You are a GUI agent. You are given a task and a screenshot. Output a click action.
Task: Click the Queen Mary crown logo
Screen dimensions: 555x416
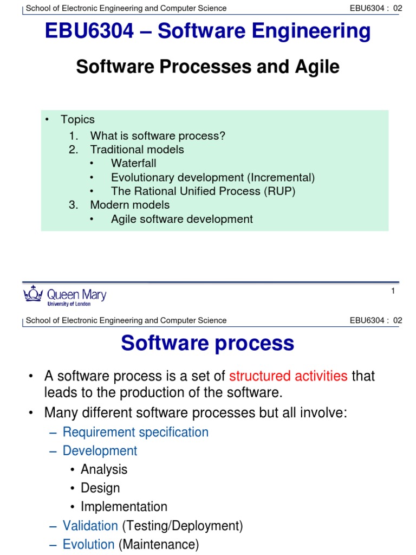coord(33,295)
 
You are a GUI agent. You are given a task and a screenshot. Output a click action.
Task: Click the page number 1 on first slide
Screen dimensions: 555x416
coord(393,292)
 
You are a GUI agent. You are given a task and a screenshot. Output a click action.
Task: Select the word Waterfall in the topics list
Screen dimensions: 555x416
coord(133,163)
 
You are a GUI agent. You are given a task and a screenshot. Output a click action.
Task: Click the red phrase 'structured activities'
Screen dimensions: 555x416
coord(289,376)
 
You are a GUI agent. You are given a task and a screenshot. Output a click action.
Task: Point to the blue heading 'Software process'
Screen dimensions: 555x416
coord(207,343)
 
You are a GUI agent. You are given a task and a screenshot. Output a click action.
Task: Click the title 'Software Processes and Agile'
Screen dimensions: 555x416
coord(207,67)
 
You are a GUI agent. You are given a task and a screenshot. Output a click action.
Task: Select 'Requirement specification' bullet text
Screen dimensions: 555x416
coord(135,432)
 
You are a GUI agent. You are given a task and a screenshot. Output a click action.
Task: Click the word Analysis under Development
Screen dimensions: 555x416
coord(104,469)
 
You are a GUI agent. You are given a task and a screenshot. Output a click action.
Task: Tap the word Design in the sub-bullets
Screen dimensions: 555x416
coord(100,488)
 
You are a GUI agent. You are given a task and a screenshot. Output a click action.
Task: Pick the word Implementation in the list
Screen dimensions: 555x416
coord(124,507)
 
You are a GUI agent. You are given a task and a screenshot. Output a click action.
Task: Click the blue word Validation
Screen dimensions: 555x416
coord(90,526)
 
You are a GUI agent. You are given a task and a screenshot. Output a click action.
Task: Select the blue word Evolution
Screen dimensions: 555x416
coord(89,544)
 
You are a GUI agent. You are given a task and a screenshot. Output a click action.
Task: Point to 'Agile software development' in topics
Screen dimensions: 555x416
coord(181,219)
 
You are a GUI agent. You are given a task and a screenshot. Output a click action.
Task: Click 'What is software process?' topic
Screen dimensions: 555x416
coord(157,135)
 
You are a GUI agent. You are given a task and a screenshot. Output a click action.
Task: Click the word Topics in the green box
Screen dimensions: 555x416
coord(77,119)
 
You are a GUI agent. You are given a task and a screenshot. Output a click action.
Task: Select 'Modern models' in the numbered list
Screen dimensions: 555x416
coord(129,205)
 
